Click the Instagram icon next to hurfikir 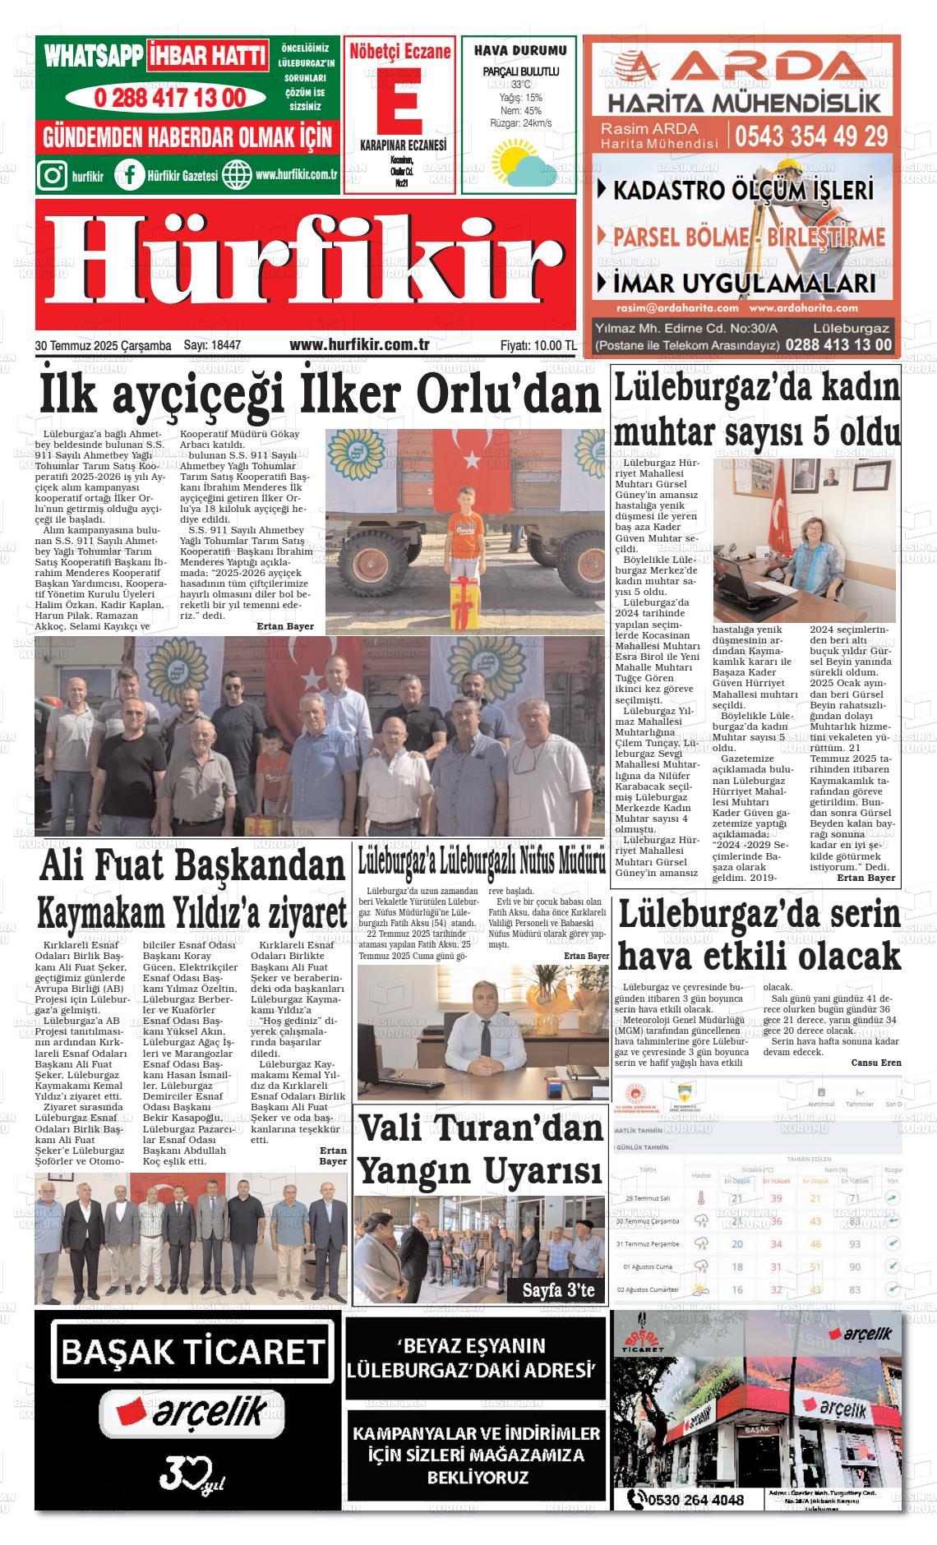[53, 175]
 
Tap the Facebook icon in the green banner [130, 175]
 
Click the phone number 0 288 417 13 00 [170, 98]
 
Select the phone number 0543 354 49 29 [811, 135]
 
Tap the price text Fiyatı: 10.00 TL [538, 346]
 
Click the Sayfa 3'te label [559, 1289]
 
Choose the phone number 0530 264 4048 [695, 1500]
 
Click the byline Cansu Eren [876, 1063]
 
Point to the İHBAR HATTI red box [208, 56]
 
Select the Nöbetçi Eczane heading [400, 52]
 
